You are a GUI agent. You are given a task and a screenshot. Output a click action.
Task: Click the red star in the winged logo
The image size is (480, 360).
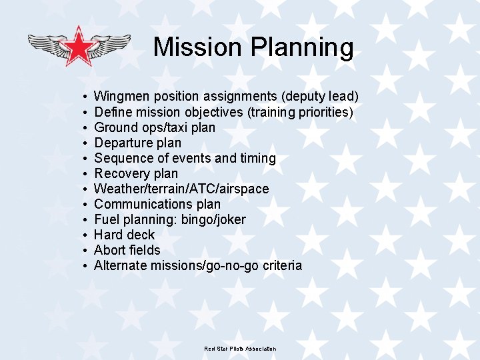[x=79, y=45]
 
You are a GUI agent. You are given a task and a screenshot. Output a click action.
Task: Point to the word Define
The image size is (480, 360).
[x=112, y=112]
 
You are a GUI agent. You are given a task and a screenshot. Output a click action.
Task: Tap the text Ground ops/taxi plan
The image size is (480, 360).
[x=155, y=127]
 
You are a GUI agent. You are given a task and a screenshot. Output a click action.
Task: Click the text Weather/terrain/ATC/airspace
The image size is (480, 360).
[x=181, y=189]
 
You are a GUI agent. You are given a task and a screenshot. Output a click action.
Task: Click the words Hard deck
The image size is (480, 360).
[x=124, y=235]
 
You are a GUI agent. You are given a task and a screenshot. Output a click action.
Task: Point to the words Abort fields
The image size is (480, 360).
[x=127, y=250]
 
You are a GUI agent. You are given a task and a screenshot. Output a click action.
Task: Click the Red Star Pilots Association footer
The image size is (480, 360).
[x=240, y=349]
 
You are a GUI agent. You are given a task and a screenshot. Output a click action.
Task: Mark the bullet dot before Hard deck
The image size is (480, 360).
[x=85, y=235]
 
